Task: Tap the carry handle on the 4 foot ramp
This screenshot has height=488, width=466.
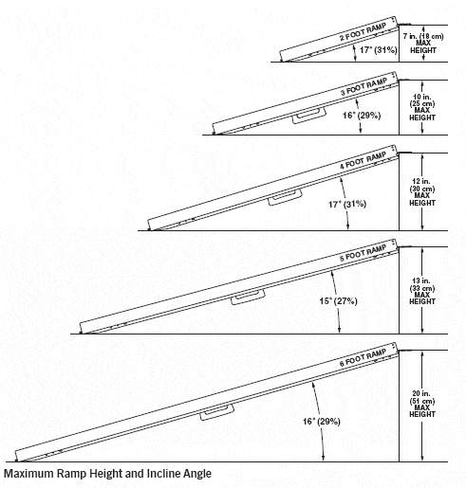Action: pos(283,200)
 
